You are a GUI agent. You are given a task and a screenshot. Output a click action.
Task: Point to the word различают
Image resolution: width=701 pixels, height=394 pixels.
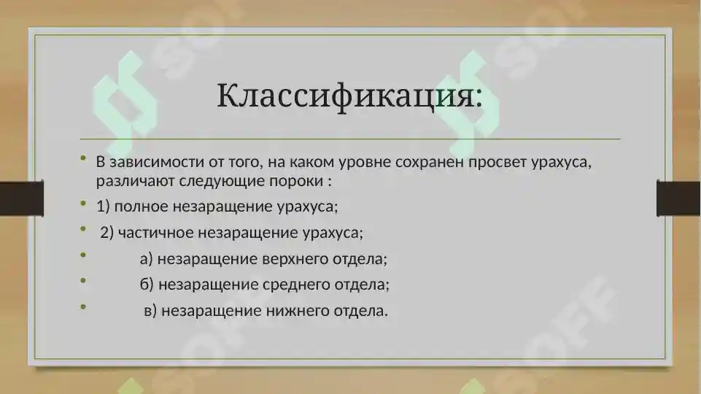(128, 179)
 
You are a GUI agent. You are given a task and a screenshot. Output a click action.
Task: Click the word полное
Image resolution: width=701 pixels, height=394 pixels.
(142, 206)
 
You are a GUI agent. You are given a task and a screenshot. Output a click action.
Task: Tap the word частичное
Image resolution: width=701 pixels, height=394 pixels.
(155, 233)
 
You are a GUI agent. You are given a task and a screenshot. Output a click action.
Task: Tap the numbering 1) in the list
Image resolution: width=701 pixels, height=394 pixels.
(103, 206)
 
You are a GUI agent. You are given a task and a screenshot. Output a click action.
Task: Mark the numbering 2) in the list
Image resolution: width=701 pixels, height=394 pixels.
(106, 233)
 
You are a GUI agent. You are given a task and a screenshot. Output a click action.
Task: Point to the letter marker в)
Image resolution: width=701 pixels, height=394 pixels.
(151, 311)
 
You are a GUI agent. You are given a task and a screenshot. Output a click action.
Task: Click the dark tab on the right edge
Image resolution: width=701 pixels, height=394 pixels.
(678, 199)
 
